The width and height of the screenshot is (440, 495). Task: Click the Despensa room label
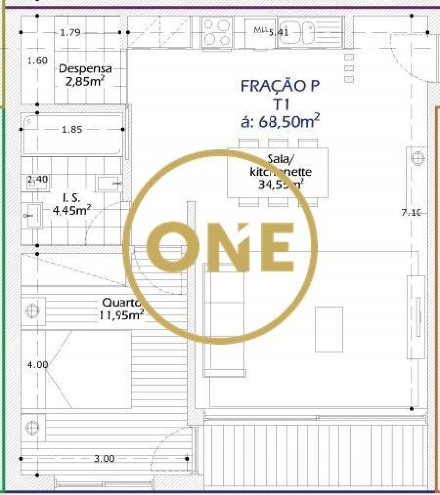(85, 69)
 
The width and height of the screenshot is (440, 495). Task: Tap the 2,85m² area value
(85, 82)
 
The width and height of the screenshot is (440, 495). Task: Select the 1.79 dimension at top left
(70, 33)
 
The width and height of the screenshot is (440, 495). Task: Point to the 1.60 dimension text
(37, 60)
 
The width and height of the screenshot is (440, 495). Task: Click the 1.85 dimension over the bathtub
(72, 129)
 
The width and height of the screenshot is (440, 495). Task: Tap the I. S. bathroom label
(71, 198)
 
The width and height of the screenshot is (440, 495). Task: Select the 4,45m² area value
(71, 210)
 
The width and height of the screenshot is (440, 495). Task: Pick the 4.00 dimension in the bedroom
(37, 365)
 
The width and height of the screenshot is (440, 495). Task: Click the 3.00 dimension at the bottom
(104, 459)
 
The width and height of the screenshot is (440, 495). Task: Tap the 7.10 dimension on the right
(411, 212)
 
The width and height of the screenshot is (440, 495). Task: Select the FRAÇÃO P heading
(280, 86)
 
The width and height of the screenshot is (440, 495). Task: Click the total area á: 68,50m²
(280, 121)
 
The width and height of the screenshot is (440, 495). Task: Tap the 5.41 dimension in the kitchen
(278, 33)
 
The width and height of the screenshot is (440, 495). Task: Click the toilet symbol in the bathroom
(32, 216)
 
